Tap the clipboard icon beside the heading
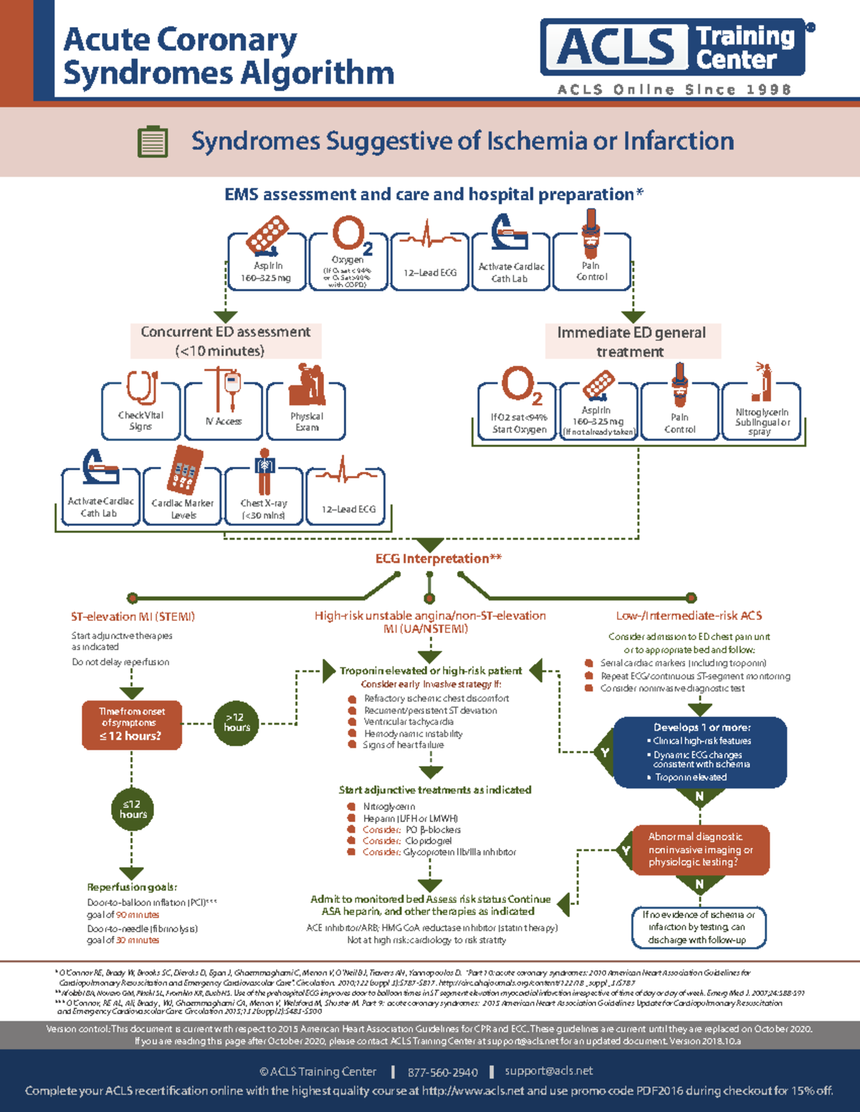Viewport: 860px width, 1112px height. [153, 142]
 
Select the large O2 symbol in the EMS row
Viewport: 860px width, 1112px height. [350, 234]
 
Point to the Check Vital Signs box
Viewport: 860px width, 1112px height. [140, 410]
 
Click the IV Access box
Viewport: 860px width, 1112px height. [224, 410]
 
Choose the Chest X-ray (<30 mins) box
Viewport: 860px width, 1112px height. [264, 495]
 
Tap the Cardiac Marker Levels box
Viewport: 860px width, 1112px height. [183, 495]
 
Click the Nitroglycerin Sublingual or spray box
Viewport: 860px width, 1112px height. [761, 410]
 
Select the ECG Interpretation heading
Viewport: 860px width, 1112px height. [438, 559]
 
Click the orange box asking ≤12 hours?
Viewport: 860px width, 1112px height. [131, 724]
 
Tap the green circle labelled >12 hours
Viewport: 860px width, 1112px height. [236, 722]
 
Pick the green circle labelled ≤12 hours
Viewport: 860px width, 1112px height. [133, 809]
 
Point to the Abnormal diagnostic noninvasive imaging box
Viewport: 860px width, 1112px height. [700, 849]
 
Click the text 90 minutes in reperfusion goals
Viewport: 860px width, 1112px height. [138, 915]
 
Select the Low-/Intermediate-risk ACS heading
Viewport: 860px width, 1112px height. [689, 616]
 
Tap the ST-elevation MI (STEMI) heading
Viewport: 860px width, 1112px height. [133, 617]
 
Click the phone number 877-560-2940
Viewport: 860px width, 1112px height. [442, 1072]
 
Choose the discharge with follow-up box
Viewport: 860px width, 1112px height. [698, 927]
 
